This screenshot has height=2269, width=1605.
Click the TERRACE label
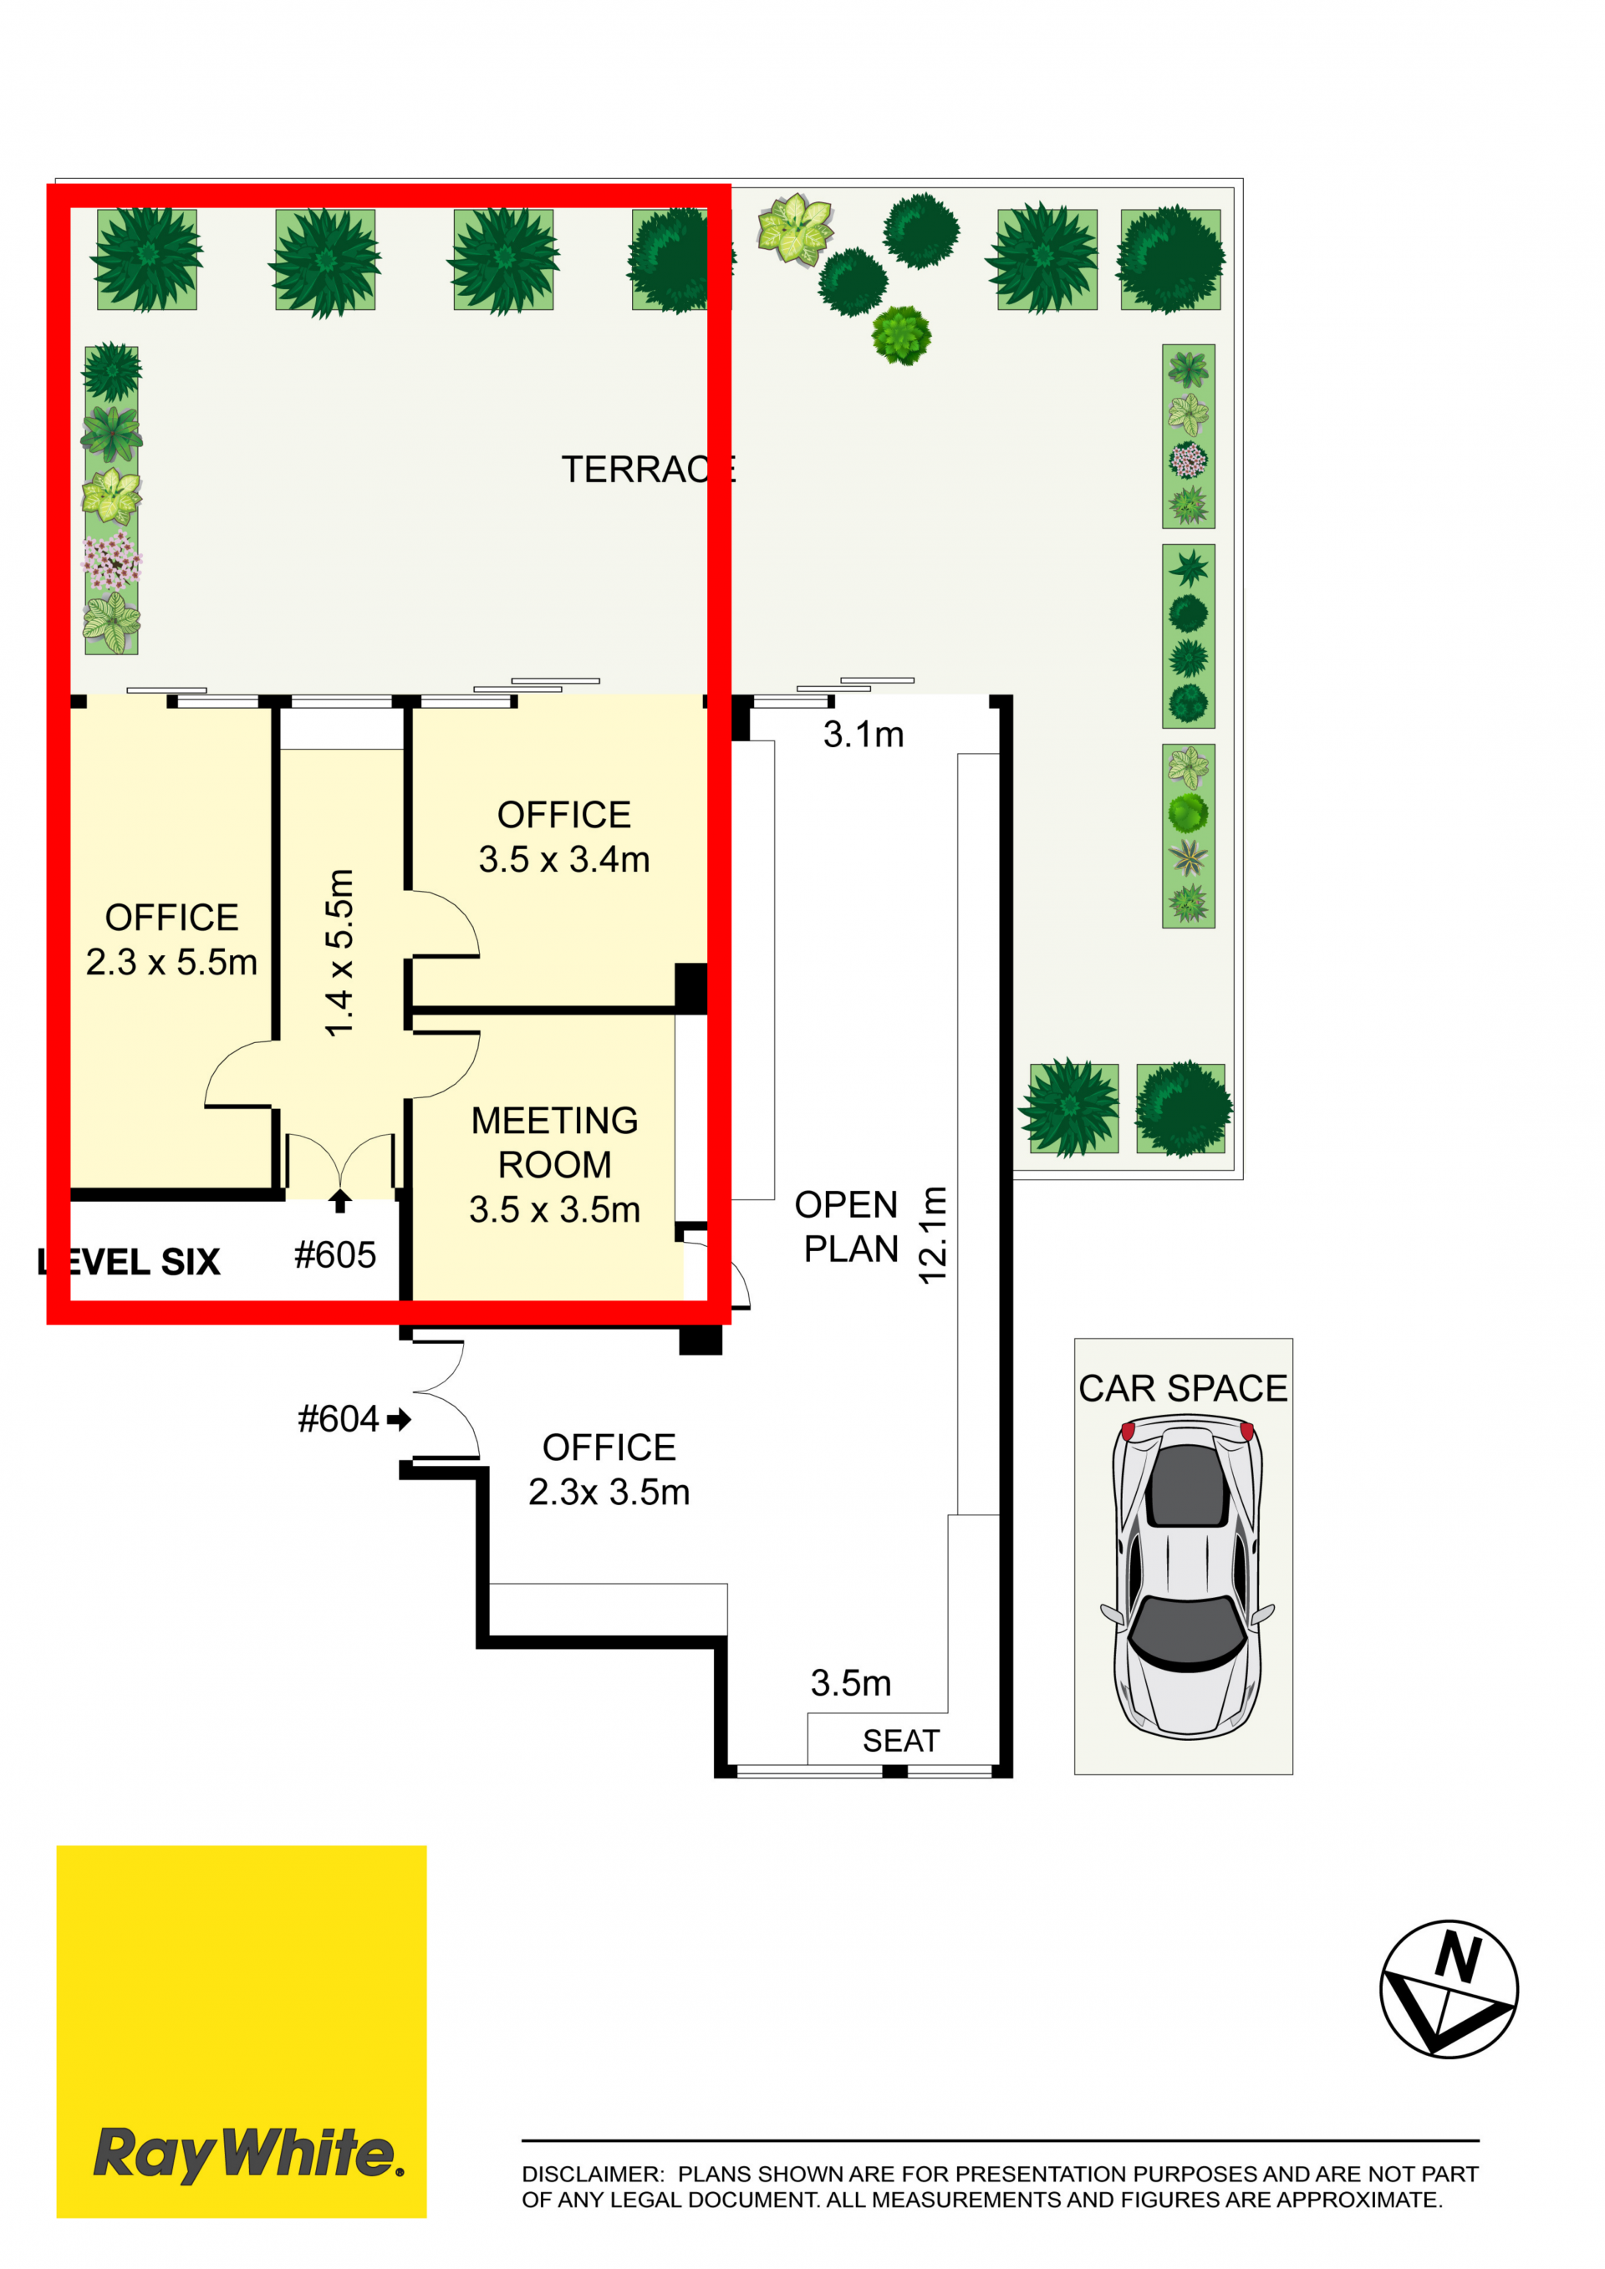[649, 470]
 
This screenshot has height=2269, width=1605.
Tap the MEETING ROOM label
[554, 1142]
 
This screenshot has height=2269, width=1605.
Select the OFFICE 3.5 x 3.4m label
[564, 837]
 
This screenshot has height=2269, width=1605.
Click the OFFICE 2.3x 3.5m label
[609, 1469]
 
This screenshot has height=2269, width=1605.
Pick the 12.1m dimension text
[933, 1235]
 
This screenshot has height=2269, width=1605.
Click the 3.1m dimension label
[864, 735]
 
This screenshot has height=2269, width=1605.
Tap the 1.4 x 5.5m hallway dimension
[339, 954]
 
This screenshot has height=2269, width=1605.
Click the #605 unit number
[335, 1255]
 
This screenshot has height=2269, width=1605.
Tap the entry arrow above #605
[340, 1200]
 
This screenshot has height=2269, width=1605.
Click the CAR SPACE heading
[1183, 1388]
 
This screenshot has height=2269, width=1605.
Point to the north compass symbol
[1449, 1989]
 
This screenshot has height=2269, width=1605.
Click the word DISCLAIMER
[593, 2174]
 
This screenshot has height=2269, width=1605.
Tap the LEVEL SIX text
[129, 1262]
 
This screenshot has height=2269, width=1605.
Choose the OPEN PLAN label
[847, 1226]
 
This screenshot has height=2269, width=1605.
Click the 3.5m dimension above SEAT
[851, 1683]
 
